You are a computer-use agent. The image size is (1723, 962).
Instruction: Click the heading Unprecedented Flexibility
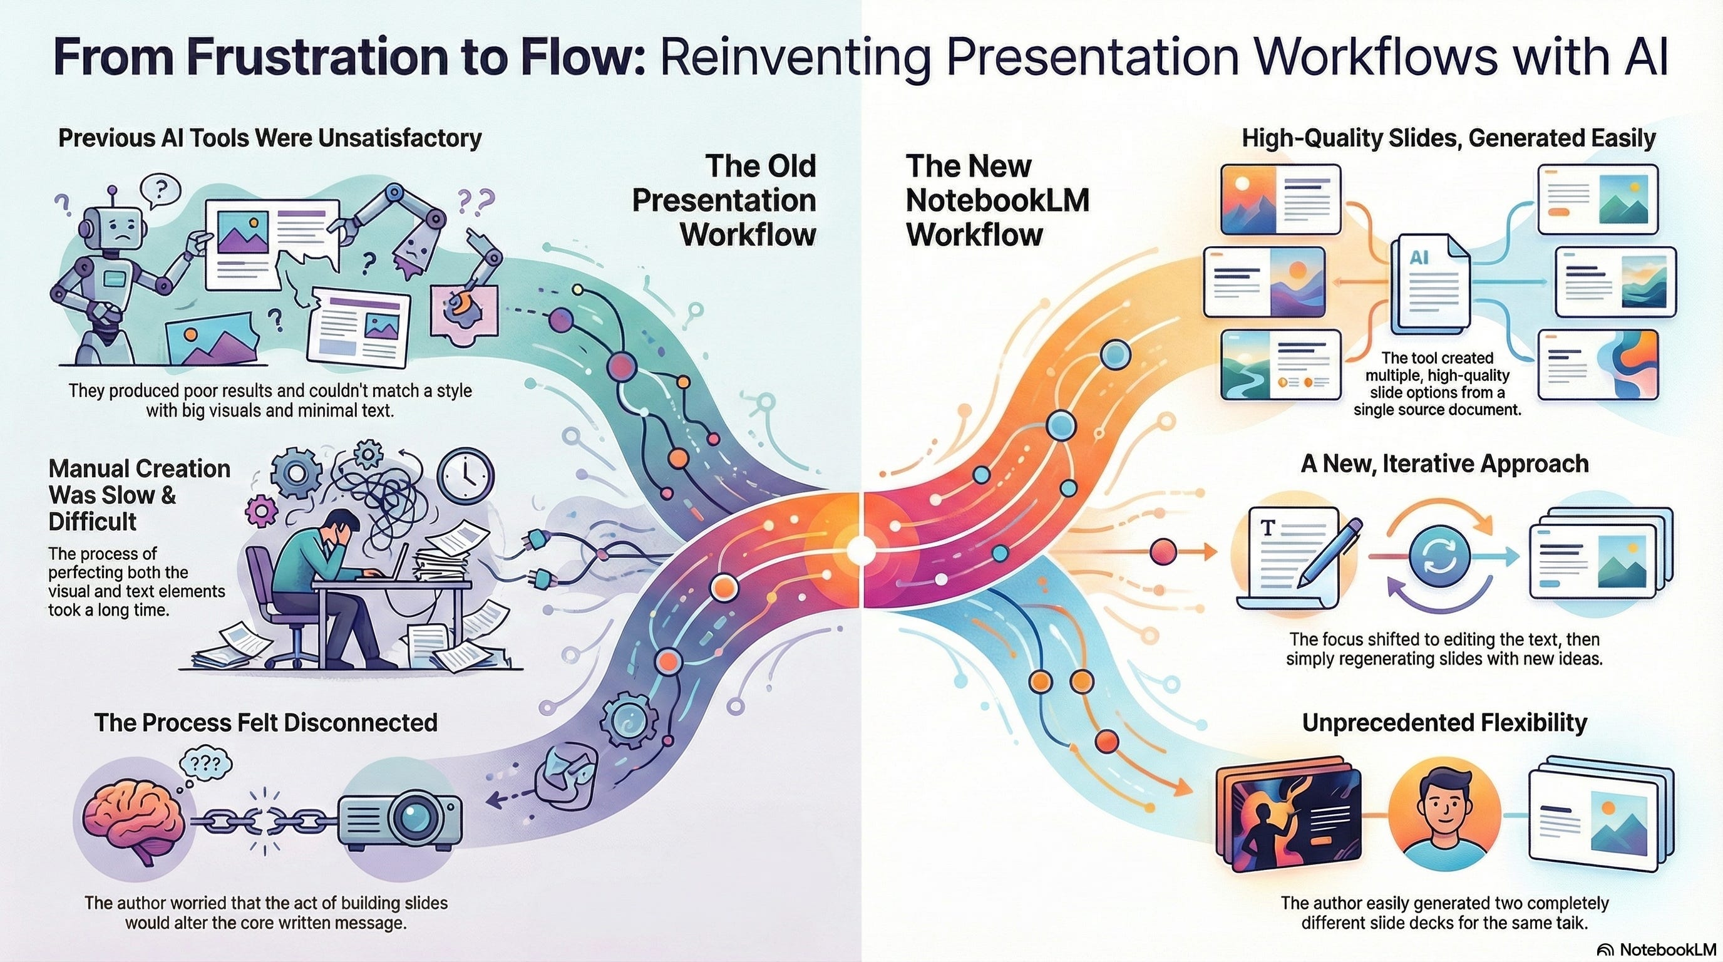click(x=1444, y=723)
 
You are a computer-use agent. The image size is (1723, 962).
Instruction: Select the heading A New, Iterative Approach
click(x=1444, y=463)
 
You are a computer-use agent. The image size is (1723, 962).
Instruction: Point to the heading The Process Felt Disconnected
click(x=265, y=723)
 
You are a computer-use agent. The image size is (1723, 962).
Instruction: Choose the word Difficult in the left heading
click(x=93, y=521)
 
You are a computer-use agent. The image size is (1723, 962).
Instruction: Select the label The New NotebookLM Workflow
click(x=997, y=200)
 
